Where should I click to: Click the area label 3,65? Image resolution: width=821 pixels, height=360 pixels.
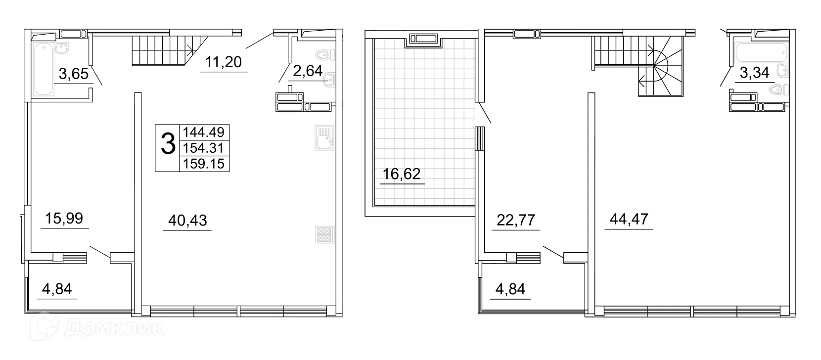tap(73, 74)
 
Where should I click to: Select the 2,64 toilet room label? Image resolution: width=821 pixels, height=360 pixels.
tap(308, 71)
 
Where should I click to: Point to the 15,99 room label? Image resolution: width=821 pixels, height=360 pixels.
tap(64, 218)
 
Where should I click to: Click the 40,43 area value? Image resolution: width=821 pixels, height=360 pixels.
tap(187, 221)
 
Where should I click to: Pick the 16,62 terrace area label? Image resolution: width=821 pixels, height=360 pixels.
tap(402, 174)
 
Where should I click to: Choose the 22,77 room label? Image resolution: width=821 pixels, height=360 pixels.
tap(515, 220)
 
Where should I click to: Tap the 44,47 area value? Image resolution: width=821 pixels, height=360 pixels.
tap(629, 219)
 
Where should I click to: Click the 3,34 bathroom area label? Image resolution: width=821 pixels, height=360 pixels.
tap(754, 73)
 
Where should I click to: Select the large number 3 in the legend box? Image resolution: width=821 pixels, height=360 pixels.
tap(168, 144)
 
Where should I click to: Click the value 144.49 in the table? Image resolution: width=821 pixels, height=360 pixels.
tap(204, 132)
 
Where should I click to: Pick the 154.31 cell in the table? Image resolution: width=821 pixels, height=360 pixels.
tap(204, 147)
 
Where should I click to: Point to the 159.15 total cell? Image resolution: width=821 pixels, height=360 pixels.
tap(204, 163)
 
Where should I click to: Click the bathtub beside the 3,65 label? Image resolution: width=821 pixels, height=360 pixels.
tap(43, 69)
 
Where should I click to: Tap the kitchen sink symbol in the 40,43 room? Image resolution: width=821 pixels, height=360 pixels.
tap(324, 137)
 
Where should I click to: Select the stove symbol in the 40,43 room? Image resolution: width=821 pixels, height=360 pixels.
tap(324, 235)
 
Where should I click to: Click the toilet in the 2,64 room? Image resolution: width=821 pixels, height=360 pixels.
tap(324, 54)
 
